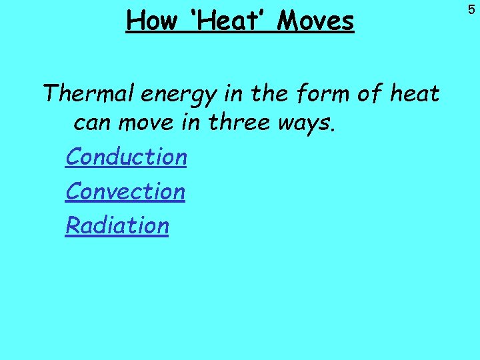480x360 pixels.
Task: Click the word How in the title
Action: [151, 21]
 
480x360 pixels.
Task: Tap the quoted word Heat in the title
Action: [226, 21]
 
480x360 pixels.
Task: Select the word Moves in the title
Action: [315, 21]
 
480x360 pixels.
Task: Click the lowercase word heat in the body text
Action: [414, 94]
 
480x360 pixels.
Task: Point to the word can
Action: [92, 123]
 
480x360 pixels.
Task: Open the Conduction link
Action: [126, 157]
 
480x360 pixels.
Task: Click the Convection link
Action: [125, 191]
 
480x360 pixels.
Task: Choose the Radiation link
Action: [117, 225]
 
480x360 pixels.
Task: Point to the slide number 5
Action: [471, 9]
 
